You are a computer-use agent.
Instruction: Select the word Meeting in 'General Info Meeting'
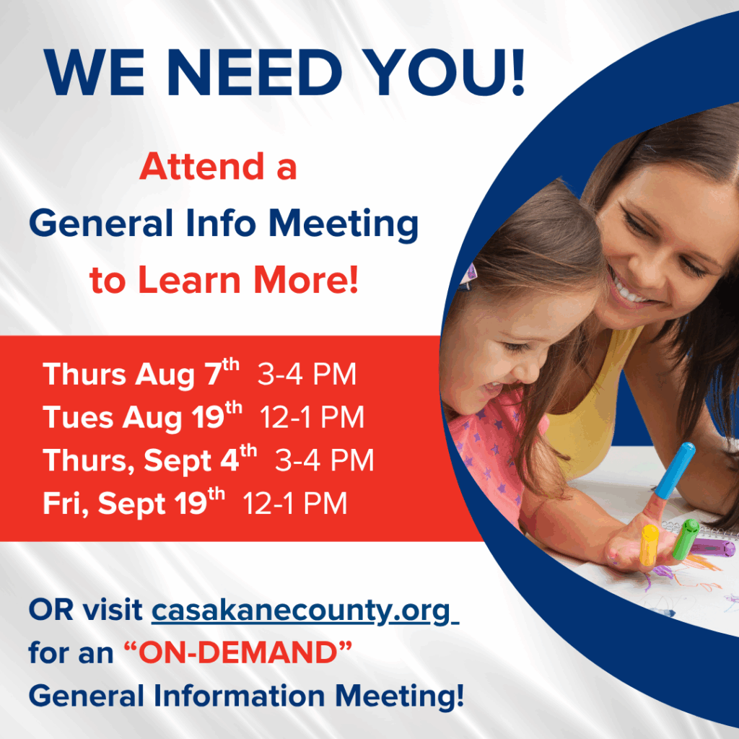pyautogui.click(x=343, y=224)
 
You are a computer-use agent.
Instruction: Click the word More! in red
pyautogui.click(x=306, y=280)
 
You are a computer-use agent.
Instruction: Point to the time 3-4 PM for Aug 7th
pyautogui.click(x=307, y=375)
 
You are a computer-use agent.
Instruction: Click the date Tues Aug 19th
pyautogui.click(x=142, y=416)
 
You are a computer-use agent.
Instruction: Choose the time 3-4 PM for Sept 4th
pyautogui.click(x=324, y=460)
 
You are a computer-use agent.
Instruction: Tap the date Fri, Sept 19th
pyautogui.click(x=134, y=502)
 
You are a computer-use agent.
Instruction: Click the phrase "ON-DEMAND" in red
pyautogui.click(x=238, y=652)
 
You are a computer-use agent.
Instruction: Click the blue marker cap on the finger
pyautogui.click(x=675, y=471)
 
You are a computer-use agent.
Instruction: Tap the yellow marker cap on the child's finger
pyautogui.click(x=649, y=545)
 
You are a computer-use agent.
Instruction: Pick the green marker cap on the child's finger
pyautogui.click(x=686, y=539)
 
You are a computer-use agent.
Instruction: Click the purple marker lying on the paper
pyautogui.click(x=712, y=548)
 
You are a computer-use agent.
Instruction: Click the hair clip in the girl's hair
pyautogui.click(x=469, y=275)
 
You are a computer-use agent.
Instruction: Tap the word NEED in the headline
pyautogui.click(x=255, y=72)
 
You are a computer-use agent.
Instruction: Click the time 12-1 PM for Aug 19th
pyautogui.click(x=312, y=417)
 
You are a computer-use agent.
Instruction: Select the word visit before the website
pyautogui.click(x=113, y=609)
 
